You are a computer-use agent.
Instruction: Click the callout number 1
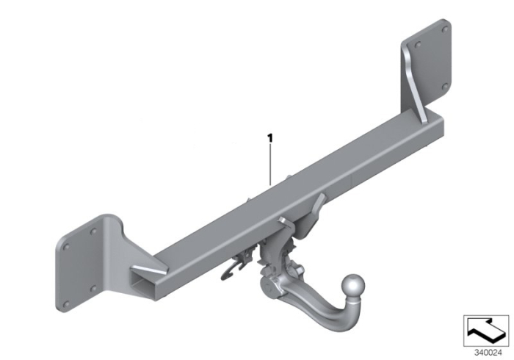point(270,138)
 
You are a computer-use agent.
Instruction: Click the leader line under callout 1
point(270,165)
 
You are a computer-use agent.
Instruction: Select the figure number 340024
point(488,353)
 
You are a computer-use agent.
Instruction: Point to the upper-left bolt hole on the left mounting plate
point(67,247)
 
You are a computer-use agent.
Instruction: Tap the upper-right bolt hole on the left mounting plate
point(94,231)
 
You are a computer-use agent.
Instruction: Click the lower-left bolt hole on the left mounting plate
point(67,305)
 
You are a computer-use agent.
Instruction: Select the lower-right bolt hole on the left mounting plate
point(93,289)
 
